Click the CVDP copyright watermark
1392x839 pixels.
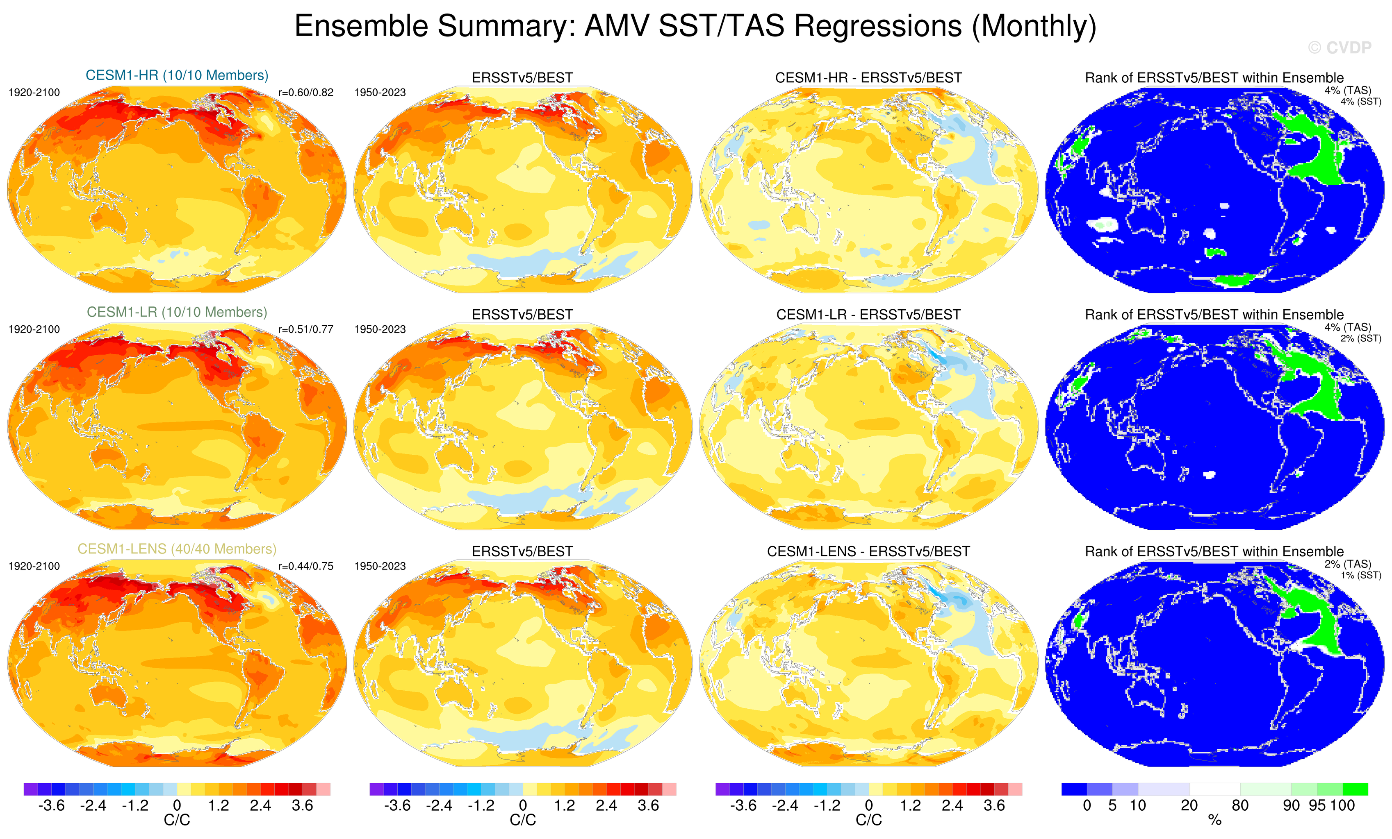1340,48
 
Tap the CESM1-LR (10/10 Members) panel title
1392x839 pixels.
177,312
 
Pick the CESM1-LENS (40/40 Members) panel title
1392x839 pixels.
177,549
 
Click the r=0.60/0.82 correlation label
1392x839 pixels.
305,93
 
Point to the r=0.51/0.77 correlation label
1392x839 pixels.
305,329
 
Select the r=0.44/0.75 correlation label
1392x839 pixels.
305,566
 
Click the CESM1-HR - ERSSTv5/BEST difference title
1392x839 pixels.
868,78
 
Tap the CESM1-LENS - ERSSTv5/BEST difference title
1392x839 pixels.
868,551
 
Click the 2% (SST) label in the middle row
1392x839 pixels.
1360,338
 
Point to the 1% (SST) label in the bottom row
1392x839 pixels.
1360,575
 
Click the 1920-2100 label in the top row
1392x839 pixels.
34,93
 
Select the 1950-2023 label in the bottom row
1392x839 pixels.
380,566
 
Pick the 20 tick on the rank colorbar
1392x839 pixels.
1189,806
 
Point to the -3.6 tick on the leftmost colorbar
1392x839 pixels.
51,806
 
